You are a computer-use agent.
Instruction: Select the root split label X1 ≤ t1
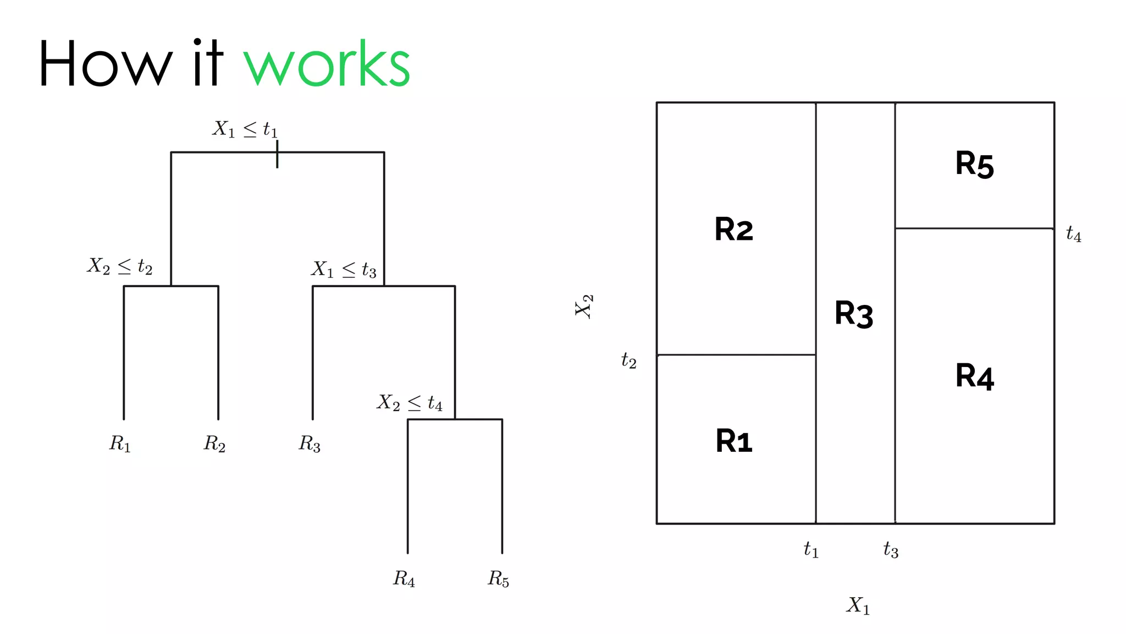click(x=245, y=129)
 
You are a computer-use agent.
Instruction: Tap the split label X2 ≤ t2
click(x=120, y=266)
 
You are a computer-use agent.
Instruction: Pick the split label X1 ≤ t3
click(x=344, y=270)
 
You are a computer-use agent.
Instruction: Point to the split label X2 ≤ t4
click(x=410, y=403)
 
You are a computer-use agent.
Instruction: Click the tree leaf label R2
click(x=215, y=444)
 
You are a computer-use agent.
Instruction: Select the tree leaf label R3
click(x=310, y=444)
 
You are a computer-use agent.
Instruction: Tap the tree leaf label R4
click(x=404, y=578)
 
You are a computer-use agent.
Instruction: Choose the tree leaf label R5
click(x=499, y=578)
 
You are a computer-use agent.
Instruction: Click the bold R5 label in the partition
click(x=974, y=164)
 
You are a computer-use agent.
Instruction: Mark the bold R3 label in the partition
click(x=854, y=314)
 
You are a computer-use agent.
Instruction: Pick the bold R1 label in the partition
click(x=734, y=441)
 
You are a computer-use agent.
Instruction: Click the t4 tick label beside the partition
click(x=1073, y=234)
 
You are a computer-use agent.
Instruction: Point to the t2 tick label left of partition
click(x=629, y=360)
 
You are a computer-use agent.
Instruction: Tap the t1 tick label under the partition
click(x=811, y=549)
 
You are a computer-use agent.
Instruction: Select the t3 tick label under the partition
click(x=891, y=549)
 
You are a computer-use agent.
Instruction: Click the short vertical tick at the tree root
click(x=277, y=154)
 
